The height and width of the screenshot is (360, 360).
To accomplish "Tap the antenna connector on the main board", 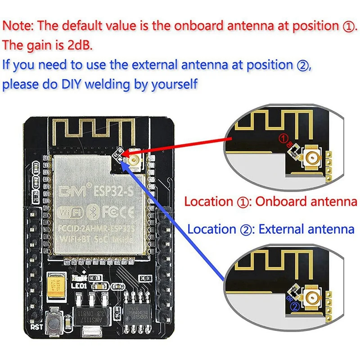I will pos(134,158).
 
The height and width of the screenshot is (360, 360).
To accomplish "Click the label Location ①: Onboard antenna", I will pos(270,202).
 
